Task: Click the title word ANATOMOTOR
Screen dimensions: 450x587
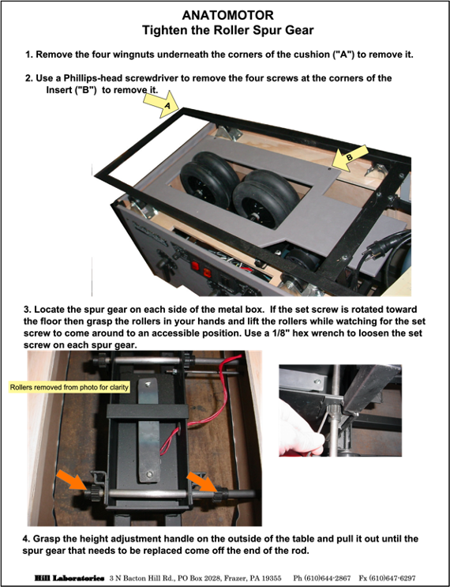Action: coord(228,15)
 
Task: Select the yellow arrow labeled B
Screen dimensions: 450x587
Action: coord(350,157)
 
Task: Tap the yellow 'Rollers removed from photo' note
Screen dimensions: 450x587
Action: coord(69,387)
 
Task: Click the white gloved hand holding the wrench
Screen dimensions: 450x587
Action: coord(298,430)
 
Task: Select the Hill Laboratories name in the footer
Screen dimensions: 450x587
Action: coord(69,578)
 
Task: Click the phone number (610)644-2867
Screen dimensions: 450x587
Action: coord(322,578)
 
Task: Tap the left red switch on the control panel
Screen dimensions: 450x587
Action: coord(195,266)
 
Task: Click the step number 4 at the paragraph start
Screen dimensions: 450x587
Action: coord(26,539)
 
